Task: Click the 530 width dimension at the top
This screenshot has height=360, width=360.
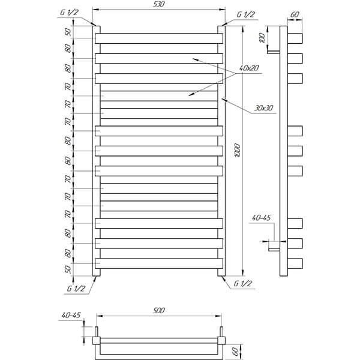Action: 159,4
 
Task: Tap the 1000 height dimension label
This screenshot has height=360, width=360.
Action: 238,151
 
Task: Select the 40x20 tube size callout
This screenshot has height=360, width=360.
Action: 249,68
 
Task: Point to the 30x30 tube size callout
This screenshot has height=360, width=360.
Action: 264,108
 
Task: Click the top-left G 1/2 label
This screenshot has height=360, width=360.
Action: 69,13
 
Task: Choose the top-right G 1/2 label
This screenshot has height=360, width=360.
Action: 245,14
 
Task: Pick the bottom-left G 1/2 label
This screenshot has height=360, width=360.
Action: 76,289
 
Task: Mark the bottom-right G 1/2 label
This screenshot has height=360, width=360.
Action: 242,284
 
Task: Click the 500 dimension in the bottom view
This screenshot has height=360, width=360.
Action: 158,310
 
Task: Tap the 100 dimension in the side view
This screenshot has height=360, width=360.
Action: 262,38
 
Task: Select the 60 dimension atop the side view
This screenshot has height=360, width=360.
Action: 295,14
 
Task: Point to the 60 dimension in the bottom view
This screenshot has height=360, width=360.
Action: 235,351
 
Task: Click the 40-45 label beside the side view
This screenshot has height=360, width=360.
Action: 262,218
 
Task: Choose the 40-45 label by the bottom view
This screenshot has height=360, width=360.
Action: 71,315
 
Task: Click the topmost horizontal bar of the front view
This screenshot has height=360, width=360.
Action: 159,38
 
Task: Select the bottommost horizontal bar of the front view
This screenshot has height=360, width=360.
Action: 159,263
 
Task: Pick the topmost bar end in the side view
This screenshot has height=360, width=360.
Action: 295,38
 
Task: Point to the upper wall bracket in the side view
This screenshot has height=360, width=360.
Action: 274,52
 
